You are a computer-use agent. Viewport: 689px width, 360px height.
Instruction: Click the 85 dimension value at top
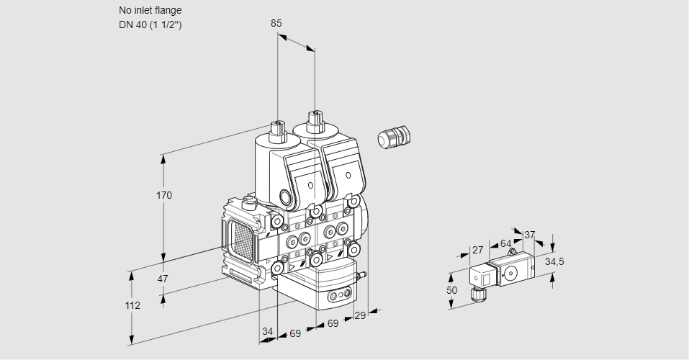(x=276, y=23)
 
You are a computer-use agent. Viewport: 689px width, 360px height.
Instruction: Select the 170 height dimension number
(x=165, y=195)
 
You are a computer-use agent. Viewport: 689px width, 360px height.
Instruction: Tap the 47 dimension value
(x=163, y=279)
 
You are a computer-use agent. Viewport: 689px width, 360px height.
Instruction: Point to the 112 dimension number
(x=132, y=305)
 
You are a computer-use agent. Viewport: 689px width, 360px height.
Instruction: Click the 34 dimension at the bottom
(x=268, y=332)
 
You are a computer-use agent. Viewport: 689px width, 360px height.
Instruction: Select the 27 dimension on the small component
(x=477, y=250)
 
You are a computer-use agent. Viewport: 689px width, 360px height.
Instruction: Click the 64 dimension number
(x=505, y=243)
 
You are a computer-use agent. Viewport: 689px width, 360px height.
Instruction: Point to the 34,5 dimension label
(x=554, y=261)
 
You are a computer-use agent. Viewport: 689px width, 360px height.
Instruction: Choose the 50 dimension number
(x=451, y=290)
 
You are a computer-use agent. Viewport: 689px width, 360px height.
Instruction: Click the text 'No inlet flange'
(x=150, y=11)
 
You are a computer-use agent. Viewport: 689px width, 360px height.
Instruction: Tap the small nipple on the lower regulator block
(x=364, y=274)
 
